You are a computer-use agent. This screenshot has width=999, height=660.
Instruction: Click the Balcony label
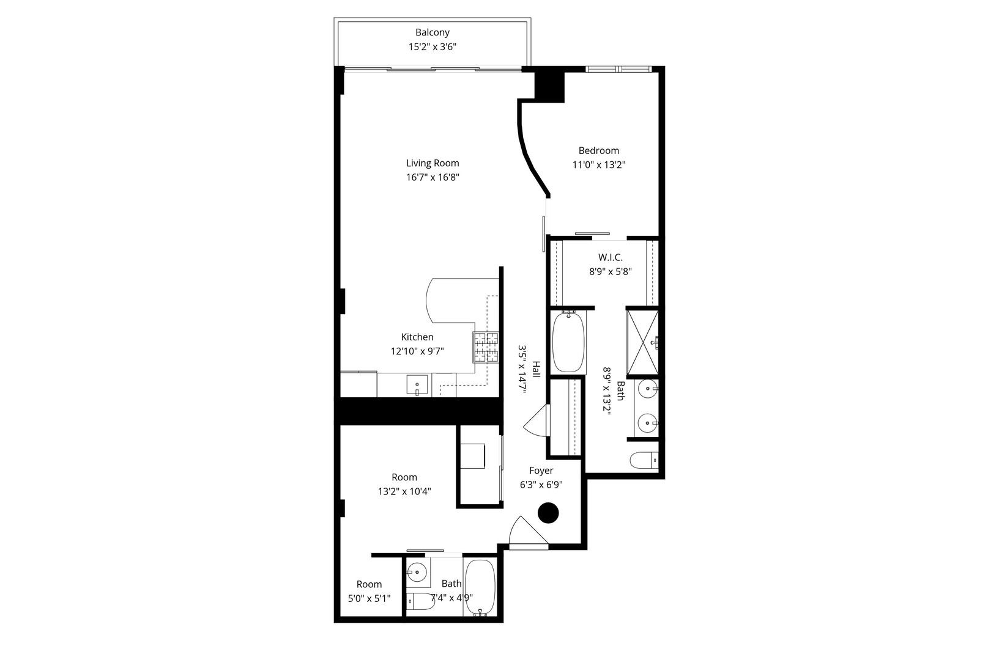click(x=433, y=32)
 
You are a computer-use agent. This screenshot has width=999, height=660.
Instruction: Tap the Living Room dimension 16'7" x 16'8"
click(x=433, y=178)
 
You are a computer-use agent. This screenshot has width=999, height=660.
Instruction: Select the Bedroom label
click(x=599, y=150)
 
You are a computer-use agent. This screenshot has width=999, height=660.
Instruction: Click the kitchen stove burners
click(x=486, y=348)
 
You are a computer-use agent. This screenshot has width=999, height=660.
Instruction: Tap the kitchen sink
click(x=417, y=386)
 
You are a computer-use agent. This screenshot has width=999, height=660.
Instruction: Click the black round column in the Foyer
click(x=549, y=513)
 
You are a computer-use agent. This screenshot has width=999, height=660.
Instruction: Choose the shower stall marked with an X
click(x=642, y=342)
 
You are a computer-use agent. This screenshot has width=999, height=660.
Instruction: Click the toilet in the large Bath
click(x=644, y=460)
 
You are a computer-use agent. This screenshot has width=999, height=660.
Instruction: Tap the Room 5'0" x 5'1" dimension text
click(x=369, y=599)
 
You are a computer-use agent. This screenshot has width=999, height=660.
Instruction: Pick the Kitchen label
click(x=417, y=337)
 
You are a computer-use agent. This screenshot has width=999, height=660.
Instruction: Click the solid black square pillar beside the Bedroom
click(x=549, y=86)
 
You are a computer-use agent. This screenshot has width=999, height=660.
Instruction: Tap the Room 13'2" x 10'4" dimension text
click(x=404, y=491)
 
